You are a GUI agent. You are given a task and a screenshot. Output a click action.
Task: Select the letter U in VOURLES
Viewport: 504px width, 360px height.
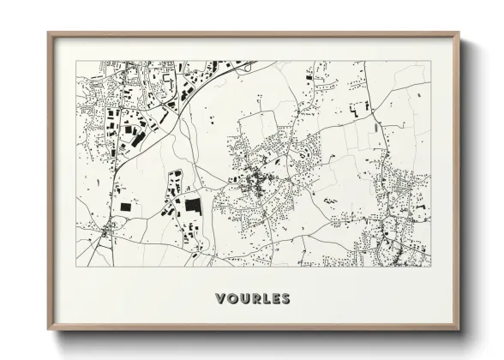[x=244, y=299]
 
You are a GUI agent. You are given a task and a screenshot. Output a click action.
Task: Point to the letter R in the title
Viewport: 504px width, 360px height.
[x=255, y=299]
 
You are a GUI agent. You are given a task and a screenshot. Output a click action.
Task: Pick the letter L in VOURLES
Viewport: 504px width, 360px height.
[x=266, y=299]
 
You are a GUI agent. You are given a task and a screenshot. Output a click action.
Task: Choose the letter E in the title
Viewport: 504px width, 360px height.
[x=275, y=299]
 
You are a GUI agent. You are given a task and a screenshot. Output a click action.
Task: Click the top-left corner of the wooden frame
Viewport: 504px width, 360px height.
[x=48, y=33]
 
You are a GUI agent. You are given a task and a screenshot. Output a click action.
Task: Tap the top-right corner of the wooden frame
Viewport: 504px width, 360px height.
[x=459, y=33]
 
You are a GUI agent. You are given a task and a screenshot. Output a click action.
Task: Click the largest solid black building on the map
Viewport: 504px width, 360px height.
[x=193, y=207]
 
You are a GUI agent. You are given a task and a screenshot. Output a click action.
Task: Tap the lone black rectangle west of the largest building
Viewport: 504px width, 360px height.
[x=127, y=207]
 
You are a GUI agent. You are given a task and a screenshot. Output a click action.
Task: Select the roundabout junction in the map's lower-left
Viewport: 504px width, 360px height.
[x=105, y=231]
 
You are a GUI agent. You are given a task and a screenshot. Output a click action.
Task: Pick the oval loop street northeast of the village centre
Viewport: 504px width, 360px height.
[x=303, y=155]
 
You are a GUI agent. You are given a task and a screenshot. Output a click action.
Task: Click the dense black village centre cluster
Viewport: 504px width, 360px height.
[x=255, y=181]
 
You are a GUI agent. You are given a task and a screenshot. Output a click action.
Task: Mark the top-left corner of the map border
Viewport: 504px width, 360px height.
[x=76, y=61]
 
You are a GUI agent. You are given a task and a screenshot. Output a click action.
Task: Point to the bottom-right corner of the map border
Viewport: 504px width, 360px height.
[x=431, y=267]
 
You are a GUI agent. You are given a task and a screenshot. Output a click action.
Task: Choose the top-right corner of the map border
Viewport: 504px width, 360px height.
[x=431, y=61]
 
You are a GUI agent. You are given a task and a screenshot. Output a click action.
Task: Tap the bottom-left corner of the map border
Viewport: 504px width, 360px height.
[x=76, y=267]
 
